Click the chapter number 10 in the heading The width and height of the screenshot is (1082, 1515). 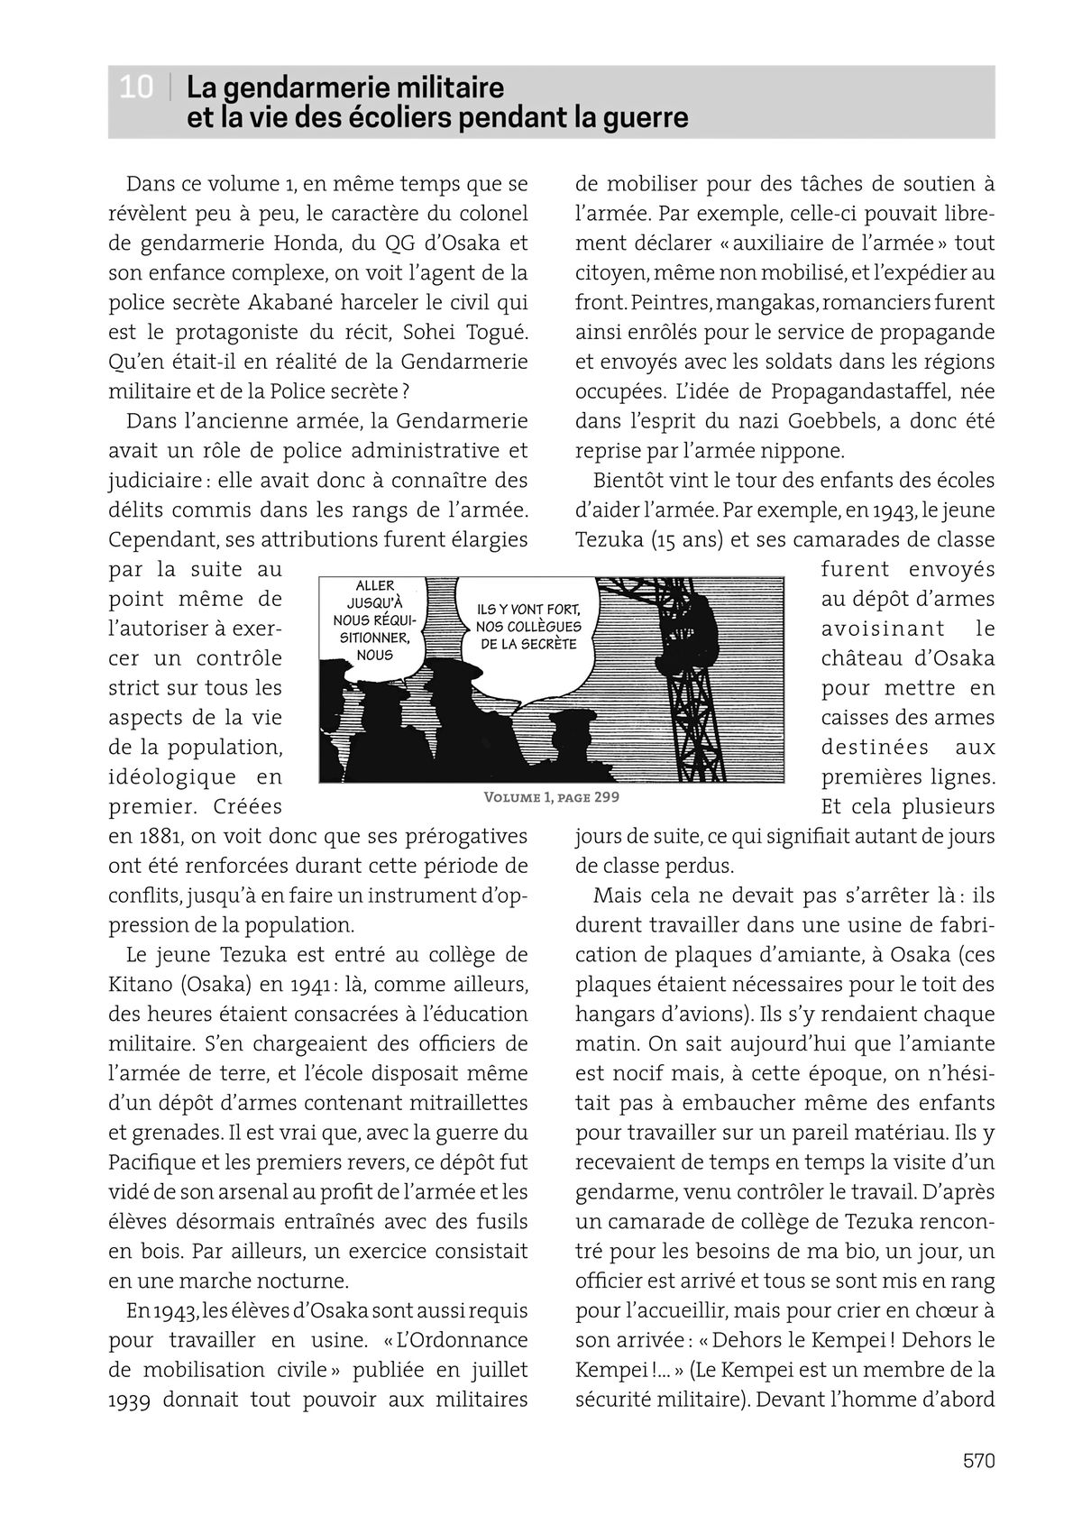[x=136, y=88]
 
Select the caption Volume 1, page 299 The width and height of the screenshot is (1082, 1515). [x=551, y=797]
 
